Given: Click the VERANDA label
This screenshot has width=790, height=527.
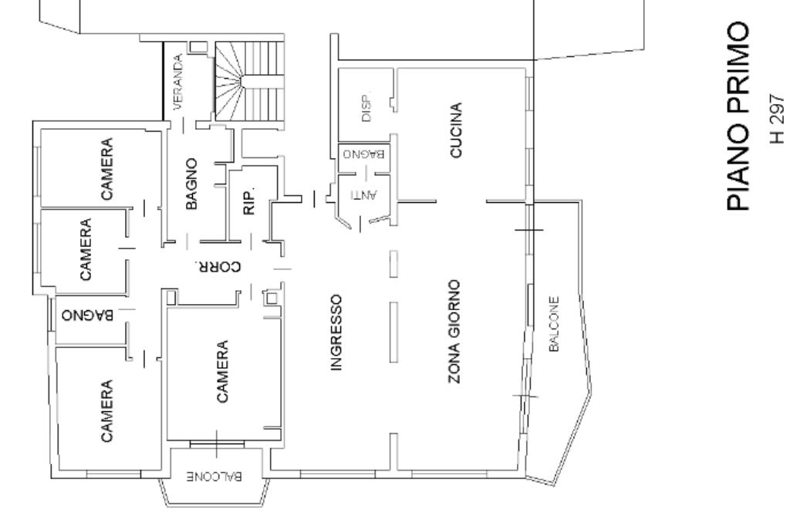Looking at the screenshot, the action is point(178,82).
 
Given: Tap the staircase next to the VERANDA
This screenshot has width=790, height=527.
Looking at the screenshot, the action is point(249,81).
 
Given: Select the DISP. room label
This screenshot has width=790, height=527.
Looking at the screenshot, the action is point(366,106).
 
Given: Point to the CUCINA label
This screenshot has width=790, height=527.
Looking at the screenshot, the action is point(455,130).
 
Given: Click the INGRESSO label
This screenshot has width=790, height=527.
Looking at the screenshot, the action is point(336,333).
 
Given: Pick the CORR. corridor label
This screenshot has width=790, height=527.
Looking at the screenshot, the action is point(218,266).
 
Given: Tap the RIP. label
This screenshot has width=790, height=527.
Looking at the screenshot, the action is point(249,201).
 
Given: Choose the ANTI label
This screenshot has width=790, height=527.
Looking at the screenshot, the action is point(364,194).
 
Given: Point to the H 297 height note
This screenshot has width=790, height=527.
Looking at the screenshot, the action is point(778,118).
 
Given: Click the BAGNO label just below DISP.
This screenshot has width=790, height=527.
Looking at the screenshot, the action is point(364,154).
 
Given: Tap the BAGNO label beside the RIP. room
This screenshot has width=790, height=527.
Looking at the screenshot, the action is point(191,184).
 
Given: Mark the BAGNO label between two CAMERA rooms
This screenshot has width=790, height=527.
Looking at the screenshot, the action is point(87,316).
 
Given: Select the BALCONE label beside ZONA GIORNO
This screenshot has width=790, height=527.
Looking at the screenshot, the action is point(554,324).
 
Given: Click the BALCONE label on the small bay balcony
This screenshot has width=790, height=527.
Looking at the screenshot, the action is point(215,476).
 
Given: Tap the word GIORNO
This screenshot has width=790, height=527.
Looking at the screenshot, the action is point(454,309).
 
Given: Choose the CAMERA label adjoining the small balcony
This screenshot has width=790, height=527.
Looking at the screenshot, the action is point(222,371).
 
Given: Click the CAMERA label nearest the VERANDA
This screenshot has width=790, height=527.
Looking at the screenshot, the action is point(106,169).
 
